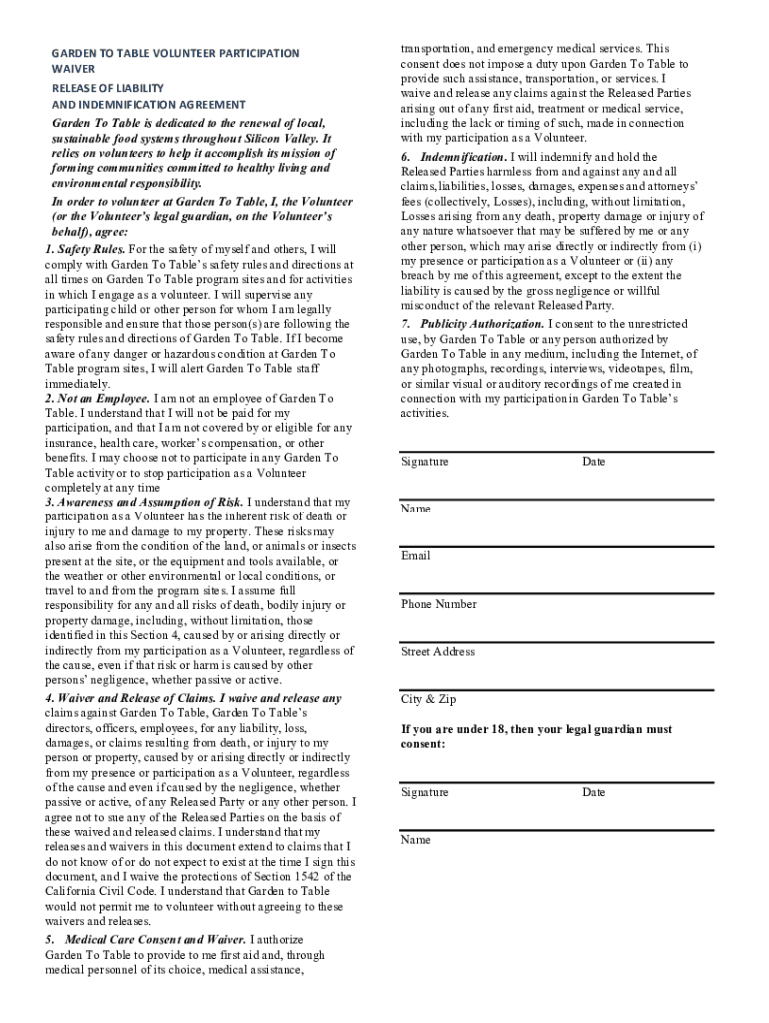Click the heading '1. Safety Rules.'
(x=85, y=249)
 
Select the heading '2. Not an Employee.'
(x=96, y=399)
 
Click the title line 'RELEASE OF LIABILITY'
(x=108, y=88)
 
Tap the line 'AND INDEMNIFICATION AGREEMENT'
(x=148, y=104)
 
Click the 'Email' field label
(x=415, y=556)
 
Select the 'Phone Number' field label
(x=439, y=604)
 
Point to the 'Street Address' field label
(x=438, y=652)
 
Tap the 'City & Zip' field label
(x=428, y=700)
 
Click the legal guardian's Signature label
(x=425, y=793)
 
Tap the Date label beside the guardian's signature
(x=594, y=793)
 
